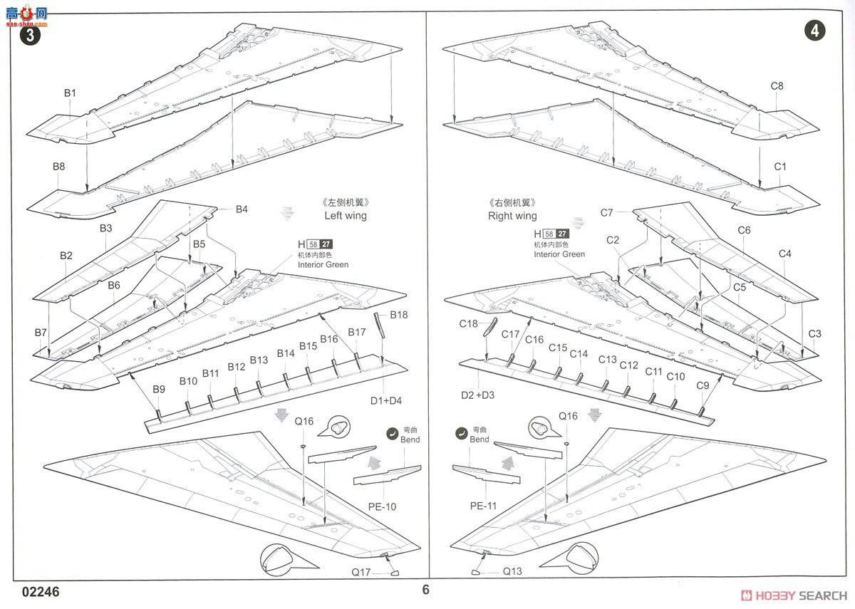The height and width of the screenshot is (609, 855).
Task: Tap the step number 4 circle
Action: [815, 31]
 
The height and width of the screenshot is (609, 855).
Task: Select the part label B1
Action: [70, 93]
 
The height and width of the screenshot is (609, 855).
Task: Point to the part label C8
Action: [777, 86]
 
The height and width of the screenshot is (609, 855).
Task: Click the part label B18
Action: [398, 315]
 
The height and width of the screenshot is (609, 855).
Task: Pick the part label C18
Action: [468, 323]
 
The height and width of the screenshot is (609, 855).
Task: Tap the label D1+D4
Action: [385, 401]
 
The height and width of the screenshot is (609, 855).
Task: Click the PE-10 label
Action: [383, 507]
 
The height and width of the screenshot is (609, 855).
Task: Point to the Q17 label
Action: [361, 572]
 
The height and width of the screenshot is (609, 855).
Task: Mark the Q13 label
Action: [512, 571]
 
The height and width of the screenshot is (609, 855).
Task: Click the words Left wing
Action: [346, 215]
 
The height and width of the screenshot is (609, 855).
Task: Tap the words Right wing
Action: [512, 215]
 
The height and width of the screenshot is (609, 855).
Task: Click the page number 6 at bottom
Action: [426, 590]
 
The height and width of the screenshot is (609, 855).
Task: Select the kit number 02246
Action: [41, 593]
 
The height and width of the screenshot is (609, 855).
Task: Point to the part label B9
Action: [159, 389]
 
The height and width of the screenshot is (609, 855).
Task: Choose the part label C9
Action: [703, 385]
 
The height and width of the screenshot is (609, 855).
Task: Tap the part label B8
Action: [58, 166]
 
